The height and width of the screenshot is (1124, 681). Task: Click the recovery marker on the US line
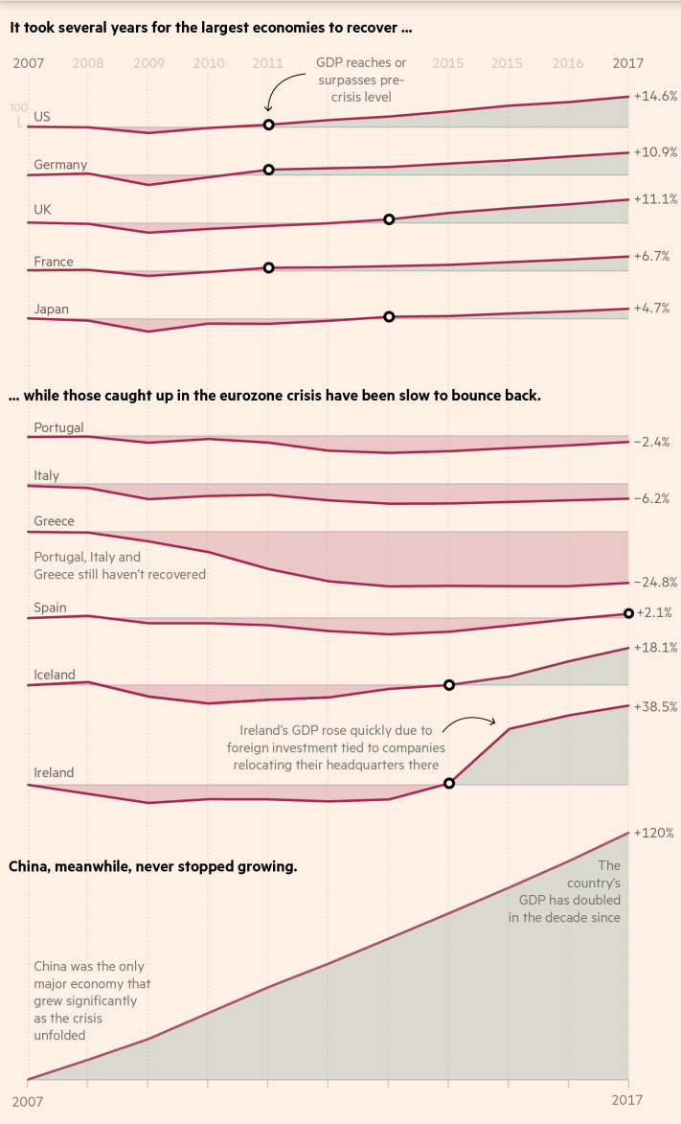tap(268, 125)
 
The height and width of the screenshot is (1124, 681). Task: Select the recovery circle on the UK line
tap(389, 219)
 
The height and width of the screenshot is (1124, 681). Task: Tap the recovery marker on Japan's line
tap(389, 316)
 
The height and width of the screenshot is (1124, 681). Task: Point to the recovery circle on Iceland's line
tap(449, 684)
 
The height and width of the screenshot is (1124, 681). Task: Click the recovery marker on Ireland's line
tap(449, 783)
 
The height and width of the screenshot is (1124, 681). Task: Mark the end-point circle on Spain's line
tap(628, 613)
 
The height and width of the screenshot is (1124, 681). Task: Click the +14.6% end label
tap(656, 96)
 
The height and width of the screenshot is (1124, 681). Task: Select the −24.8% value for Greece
tap(656, 582)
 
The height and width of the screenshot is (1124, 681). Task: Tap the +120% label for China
tap(654, 833)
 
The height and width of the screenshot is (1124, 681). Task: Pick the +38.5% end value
tap(656, 706)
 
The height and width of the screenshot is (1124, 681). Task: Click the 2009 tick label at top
tap(148, 63)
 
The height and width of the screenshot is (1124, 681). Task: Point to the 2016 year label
tap(568, 63)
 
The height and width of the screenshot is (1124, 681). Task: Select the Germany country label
tap(60, 165)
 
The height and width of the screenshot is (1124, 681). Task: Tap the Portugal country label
tap(58, 427)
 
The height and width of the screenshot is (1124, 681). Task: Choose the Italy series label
tap(47, 475)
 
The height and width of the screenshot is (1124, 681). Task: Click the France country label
tap(54, 262)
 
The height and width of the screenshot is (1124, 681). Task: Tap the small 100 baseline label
tap(16, 108)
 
